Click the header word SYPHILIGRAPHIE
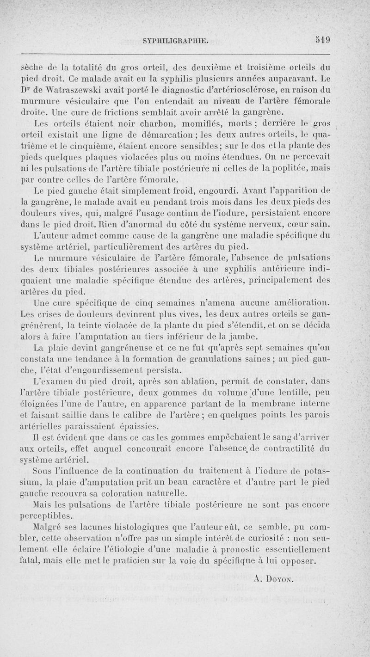click(x=176, y=41)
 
